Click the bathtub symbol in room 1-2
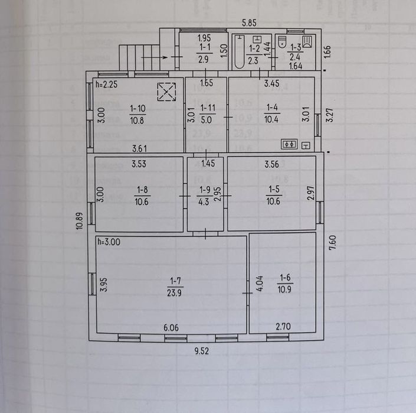point(240,51)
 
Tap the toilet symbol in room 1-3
point(282,42)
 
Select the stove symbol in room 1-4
point(289,144)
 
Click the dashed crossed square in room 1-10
point(166,92)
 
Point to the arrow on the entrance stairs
point(154,57)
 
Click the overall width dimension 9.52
point(202,351)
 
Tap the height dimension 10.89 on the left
point(80,221)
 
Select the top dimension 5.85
point(249,23)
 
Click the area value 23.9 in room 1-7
point(174,292)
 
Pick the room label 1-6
point(285,278)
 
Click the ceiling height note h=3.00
point(109,242)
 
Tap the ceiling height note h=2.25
point(107,84)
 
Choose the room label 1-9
point(205,190)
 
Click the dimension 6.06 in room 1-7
point(171,327)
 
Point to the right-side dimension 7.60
point(332,242)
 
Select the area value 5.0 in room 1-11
point(206,120)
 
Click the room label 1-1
point(205,47)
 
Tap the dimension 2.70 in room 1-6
point(283,326)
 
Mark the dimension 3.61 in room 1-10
point(139,148)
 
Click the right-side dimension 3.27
point(329,115)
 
